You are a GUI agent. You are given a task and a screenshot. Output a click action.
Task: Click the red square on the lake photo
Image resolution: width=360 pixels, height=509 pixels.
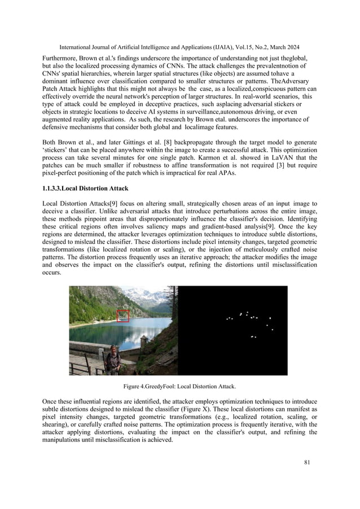pos(122,316)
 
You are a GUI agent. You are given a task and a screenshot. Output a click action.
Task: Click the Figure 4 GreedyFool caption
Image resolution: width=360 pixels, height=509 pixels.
pos(179,387)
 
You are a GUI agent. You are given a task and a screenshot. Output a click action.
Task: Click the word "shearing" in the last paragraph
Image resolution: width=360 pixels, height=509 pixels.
pos(57,431)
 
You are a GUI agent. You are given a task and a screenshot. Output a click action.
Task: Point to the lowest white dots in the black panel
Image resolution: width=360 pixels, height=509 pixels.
pos(253,337)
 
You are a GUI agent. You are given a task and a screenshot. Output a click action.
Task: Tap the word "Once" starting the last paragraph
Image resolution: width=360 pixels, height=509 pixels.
pos(50,401)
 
